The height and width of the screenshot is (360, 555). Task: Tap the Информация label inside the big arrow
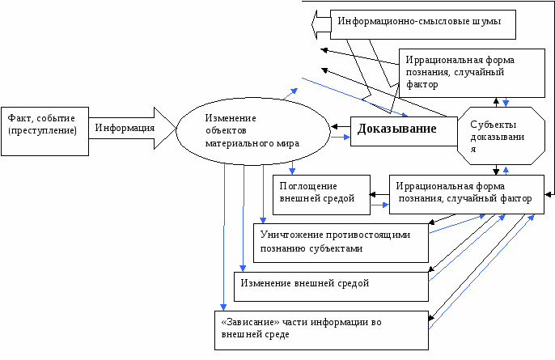(125, 128)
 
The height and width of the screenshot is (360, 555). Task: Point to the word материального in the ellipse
(234, 142)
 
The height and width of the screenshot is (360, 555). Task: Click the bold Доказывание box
(393, 129)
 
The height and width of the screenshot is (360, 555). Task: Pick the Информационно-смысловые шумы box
(425, 22)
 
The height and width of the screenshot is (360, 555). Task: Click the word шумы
(497, 22)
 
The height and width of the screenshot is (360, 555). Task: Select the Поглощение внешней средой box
(321, 192)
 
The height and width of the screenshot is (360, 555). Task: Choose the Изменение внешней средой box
(331, 285)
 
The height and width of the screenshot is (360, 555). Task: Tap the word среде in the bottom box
(275, 334)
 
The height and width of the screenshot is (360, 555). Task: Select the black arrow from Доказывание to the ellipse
(339, 127)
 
